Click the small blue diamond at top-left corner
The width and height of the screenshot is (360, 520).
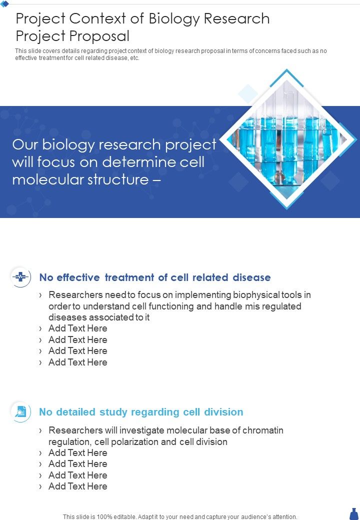pos(4,4)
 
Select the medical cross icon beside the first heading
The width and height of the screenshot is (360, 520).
pos(21,277)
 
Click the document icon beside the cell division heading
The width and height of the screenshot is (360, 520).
pos(21,412)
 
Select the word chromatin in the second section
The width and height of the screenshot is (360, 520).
pos(263,430)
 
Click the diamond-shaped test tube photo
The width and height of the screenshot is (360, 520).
pos(286,139)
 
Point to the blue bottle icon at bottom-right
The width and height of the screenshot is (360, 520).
pos(354,513)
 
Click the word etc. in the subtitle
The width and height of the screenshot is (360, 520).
pos(134,58)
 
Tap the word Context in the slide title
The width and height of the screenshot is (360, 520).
pos(97,19)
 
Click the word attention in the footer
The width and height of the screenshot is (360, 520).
pos(284,516)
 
